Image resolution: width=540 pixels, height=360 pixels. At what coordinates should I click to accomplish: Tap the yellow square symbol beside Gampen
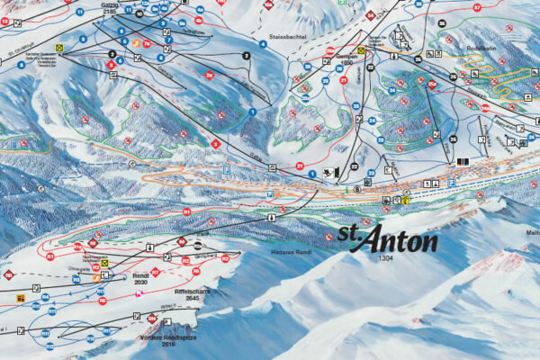click(x=361, y=50)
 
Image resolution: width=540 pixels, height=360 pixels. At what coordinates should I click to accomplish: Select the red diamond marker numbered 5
click(x=214, y=143)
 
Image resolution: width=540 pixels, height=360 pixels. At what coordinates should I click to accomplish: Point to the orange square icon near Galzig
click(x=135, y=42)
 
